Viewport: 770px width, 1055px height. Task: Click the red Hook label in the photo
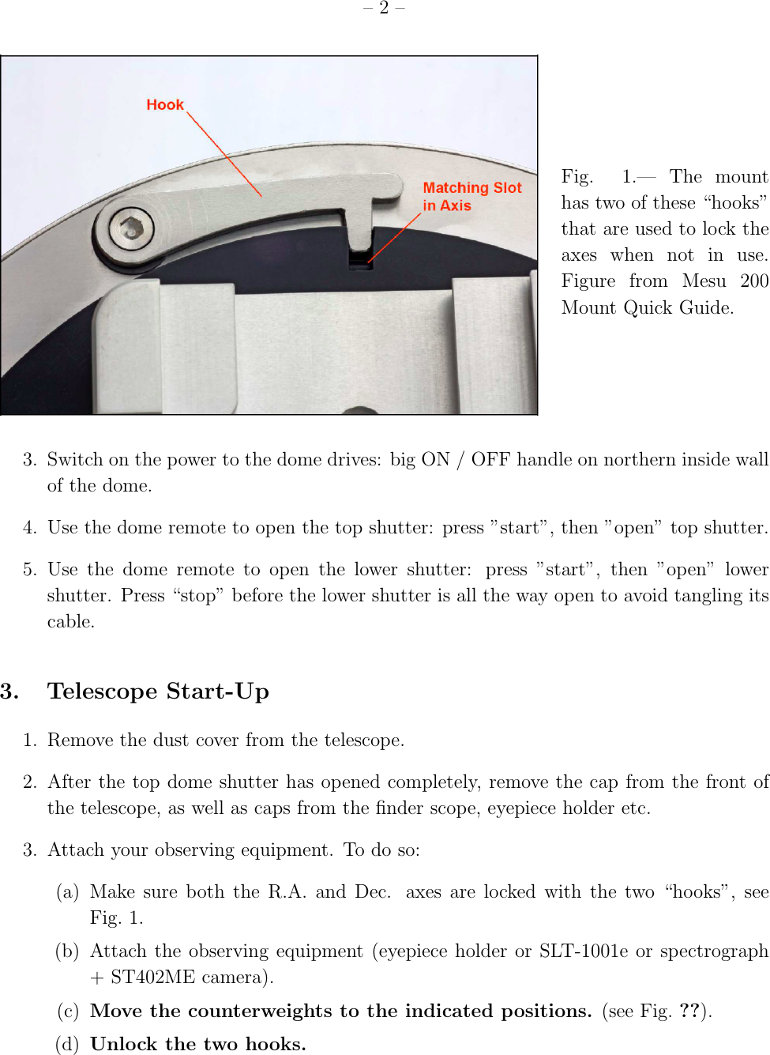(x=164, y=105)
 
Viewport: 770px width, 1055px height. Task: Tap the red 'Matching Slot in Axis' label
(x=471, y=196)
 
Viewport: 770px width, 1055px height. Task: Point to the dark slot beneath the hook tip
(x=360, y=260)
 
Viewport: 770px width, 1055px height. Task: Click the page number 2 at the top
(x=384, y=8)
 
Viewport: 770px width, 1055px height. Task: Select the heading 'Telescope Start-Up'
(x=158, y=691)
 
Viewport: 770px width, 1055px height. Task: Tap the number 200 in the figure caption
(x=754, y=281)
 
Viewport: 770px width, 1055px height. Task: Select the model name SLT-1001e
(x=584, y=951)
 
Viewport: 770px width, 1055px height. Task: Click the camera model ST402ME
(x=152, y=978)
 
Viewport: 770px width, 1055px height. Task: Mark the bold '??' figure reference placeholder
(x=689, y=1012)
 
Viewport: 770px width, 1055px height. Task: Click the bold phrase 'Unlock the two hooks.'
(x=198, y=1045)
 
